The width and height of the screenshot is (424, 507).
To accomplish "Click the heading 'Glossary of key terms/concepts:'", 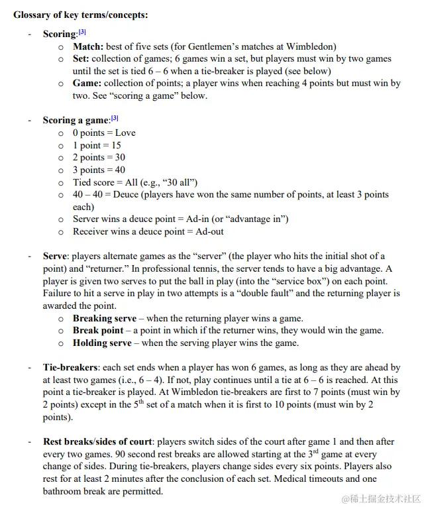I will (81, 15).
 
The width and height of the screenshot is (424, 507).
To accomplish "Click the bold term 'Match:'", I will (89, 46).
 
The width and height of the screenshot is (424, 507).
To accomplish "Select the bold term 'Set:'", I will (82, 59).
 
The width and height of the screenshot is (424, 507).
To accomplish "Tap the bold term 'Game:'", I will (87, 84).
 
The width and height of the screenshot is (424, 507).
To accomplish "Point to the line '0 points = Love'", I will (104, 133).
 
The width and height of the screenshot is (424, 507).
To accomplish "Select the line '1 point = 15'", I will (97, 145).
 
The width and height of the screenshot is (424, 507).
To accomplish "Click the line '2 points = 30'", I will (99, 157).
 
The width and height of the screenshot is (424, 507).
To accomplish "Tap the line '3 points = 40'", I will (99, 170).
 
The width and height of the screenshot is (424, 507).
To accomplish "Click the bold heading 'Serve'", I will (54, 256).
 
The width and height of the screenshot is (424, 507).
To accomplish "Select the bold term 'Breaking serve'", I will (104, 318).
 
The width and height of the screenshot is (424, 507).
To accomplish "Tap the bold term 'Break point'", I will (97, 331).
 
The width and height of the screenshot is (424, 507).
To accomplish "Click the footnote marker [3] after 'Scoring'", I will (82, 32).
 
